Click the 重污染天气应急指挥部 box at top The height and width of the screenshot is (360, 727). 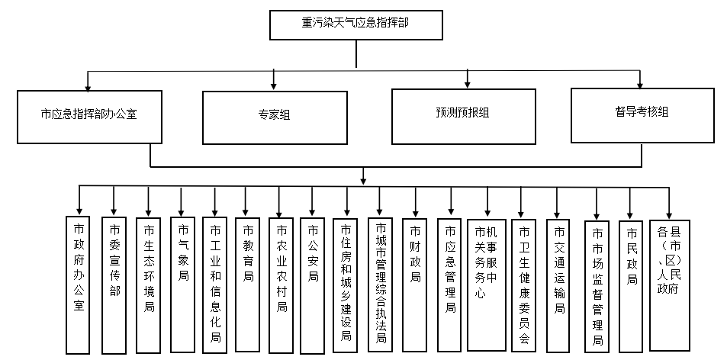pos(355,24)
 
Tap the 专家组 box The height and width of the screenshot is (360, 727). pos(274,117)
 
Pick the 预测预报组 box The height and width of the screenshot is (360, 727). pos(468,115)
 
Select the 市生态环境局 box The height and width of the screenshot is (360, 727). pos(148,285)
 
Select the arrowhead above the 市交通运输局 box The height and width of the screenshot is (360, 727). pos(558,215)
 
